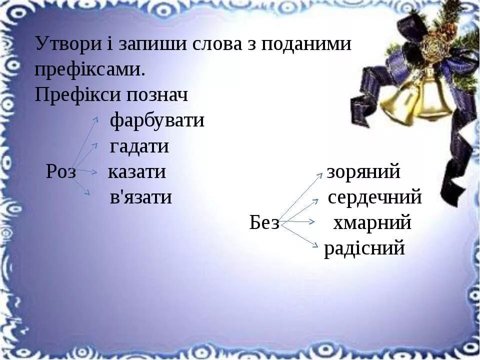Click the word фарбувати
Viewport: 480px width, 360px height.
(157, 120)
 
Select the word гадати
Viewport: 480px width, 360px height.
(139, 146)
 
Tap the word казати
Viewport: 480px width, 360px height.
(137, 172)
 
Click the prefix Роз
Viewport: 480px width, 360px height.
(61, 172)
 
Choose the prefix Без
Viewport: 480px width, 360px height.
(264, 223)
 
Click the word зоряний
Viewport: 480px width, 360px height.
(363, 172)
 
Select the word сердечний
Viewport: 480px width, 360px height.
(374, 197)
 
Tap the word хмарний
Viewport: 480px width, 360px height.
(372, 223)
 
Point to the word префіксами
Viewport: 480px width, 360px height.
(90, 69)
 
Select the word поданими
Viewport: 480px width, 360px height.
(307, 44)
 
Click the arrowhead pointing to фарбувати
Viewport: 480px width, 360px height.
(96, 118)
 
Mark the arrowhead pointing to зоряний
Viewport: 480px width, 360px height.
(320, 174)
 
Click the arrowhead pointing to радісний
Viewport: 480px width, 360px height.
(315, 244)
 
